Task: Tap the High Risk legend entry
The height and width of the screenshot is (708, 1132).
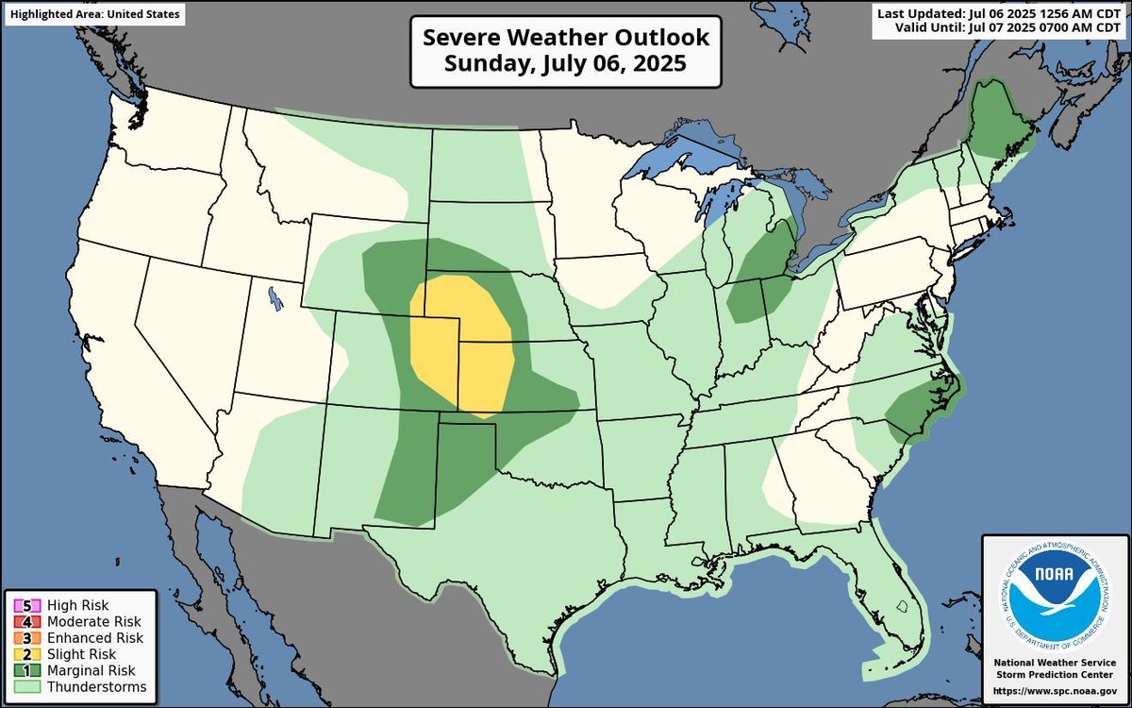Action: click(72, 605)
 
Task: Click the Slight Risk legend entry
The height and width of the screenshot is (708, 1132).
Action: click(72, 654)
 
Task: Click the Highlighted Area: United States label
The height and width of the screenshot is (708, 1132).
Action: click(92, 14)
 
